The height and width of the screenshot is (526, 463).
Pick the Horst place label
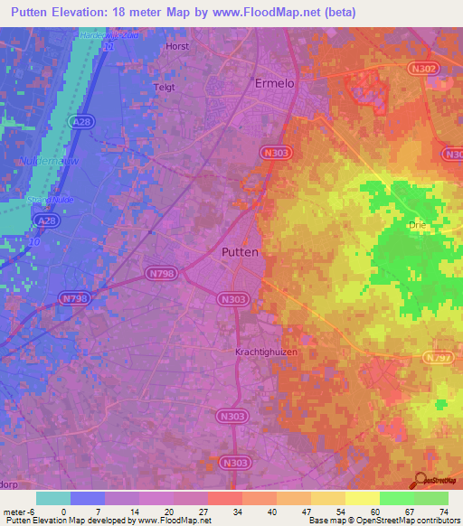click(177, 45)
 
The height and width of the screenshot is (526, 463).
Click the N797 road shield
click(439, 359)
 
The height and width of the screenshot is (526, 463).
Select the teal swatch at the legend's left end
click(52, 498)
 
